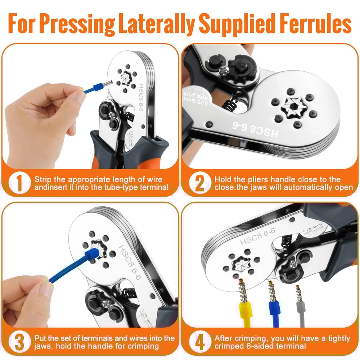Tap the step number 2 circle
[199, 183]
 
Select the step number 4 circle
[199, 342]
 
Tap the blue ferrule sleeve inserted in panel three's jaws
[90, 259]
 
